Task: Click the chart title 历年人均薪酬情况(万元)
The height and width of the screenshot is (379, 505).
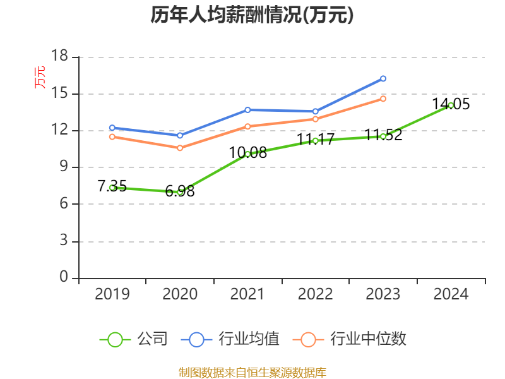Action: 252,15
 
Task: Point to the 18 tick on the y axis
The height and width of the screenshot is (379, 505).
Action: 59,57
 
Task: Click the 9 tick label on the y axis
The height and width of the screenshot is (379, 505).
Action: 63,167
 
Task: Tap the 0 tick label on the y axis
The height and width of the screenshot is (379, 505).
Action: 63,278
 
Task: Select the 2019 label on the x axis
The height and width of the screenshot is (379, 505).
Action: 112,294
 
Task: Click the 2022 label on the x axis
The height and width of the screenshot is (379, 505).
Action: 315,294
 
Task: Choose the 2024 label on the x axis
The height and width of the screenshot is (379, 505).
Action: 451,294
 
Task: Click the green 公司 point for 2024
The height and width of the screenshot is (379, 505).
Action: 451,105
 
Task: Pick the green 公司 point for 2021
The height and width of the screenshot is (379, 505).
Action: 247,153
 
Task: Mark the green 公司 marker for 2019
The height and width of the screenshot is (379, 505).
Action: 112,188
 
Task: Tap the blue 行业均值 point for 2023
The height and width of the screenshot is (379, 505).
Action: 383,78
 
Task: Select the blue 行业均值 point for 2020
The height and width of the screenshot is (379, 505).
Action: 180,135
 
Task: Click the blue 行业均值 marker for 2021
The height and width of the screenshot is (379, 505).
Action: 247,110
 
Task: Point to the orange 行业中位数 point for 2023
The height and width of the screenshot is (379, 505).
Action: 383,99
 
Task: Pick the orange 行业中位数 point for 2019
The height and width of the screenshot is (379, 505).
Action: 112,136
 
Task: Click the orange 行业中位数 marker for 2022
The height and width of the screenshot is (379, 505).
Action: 315,119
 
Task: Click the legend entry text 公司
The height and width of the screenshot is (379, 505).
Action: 153,339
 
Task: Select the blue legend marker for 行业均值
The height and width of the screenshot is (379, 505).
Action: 196,339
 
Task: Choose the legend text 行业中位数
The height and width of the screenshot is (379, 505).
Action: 368,339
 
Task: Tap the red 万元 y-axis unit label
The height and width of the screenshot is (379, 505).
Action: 40,77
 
